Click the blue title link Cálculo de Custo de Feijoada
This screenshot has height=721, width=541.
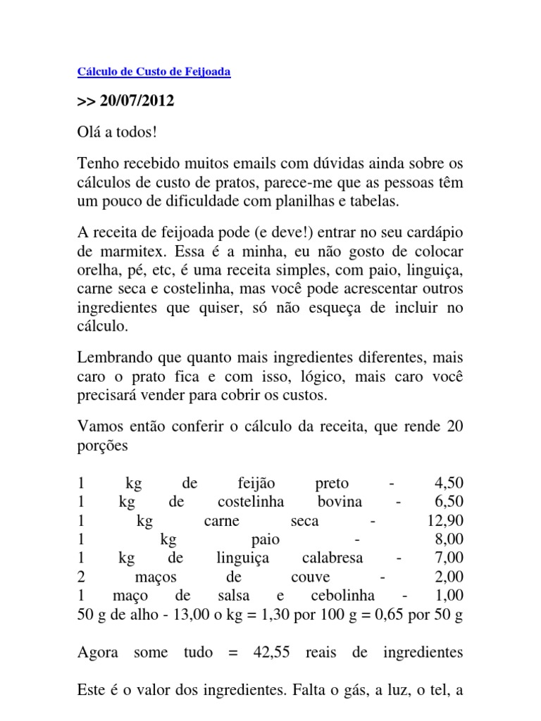coord(153,72)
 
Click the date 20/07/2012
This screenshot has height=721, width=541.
coord(137,101)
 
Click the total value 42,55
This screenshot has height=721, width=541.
coord(271,653)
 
